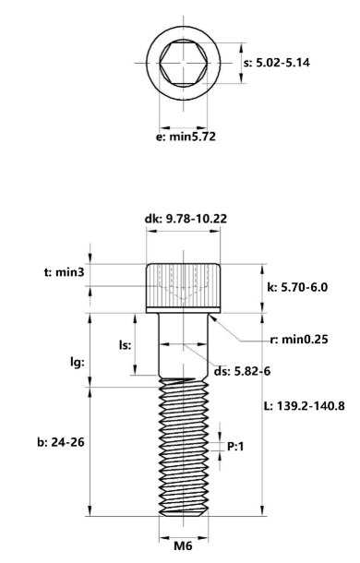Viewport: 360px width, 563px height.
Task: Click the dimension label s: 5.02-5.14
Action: [x=277, y=63]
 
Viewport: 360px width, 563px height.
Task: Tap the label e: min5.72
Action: [x=186, y=137]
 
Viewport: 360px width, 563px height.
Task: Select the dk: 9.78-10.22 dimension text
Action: [x=186, y=219]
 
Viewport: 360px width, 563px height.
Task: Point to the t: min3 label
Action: [x=64, y=272]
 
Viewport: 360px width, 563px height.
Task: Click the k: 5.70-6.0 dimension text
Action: [x=297, y=287]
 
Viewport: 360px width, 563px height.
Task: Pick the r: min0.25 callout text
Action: [x=299, y=340]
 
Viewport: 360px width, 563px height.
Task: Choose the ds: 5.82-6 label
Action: [x=242, y=371]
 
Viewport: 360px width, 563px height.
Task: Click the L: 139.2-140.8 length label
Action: [x=305, y=406]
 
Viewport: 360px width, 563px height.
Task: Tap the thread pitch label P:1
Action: [x=235, y=447]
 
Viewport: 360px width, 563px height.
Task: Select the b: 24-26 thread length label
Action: [x=61, y=442]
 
